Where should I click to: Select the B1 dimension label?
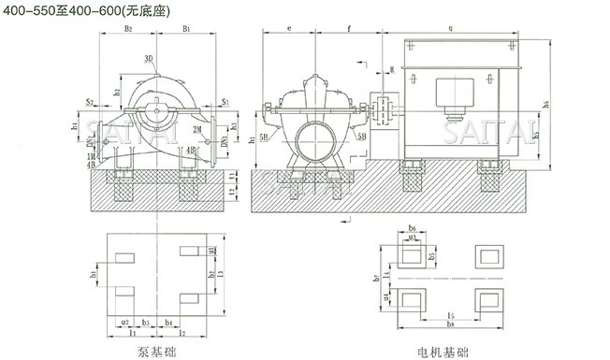pos(187,31)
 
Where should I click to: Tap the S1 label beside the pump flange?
pos(225,100)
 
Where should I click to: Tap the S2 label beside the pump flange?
pos(88,100)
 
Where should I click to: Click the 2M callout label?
pos(197,127)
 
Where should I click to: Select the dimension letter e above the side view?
pos(291,31)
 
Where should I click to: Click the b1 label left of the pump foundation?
pos(94,274)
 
